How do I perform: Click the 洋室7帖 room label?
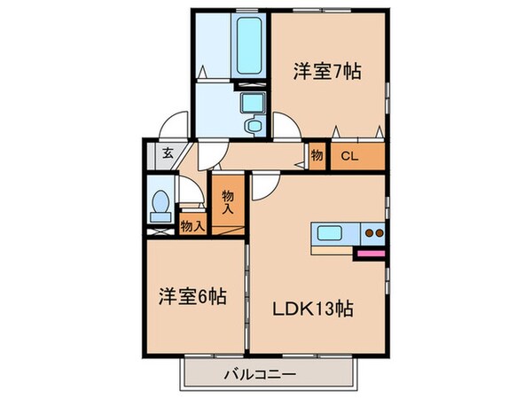328,71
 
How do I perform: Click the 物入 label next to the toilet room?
192,225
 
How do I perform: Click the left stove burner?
370,236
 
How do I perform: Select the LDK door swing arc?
264,186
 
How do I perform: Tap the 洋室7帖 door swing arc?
284,127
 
